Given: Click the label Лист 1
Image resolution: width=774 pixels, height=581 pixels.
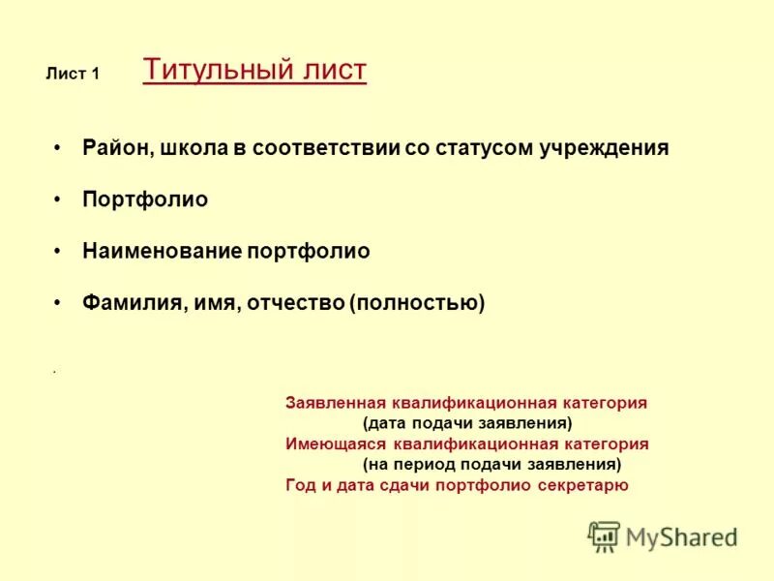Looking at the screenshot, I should [73, 75].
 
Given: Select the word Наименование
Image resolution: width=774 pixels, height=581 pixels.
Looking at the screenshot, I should [162, 251].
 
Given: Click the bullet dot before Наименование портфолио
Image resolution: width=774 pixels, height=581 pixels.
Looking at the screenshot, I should [59, 251].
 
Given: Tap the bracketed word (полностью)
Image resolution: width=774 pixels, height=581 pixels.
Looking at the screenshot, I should [417, 303].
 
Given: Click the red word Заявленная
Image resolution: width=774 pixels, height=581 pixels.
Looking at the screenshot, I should [336, 403].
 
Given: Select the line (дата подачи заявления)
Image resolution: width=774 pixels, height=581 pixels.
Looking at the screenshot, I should [467, 423].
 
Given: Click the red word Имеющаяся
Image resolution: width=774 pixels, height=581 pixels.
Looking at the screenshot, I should [335, 444].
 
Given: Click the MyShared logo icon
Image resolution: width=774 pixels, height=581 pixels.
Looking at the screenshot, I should [604, 536].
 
